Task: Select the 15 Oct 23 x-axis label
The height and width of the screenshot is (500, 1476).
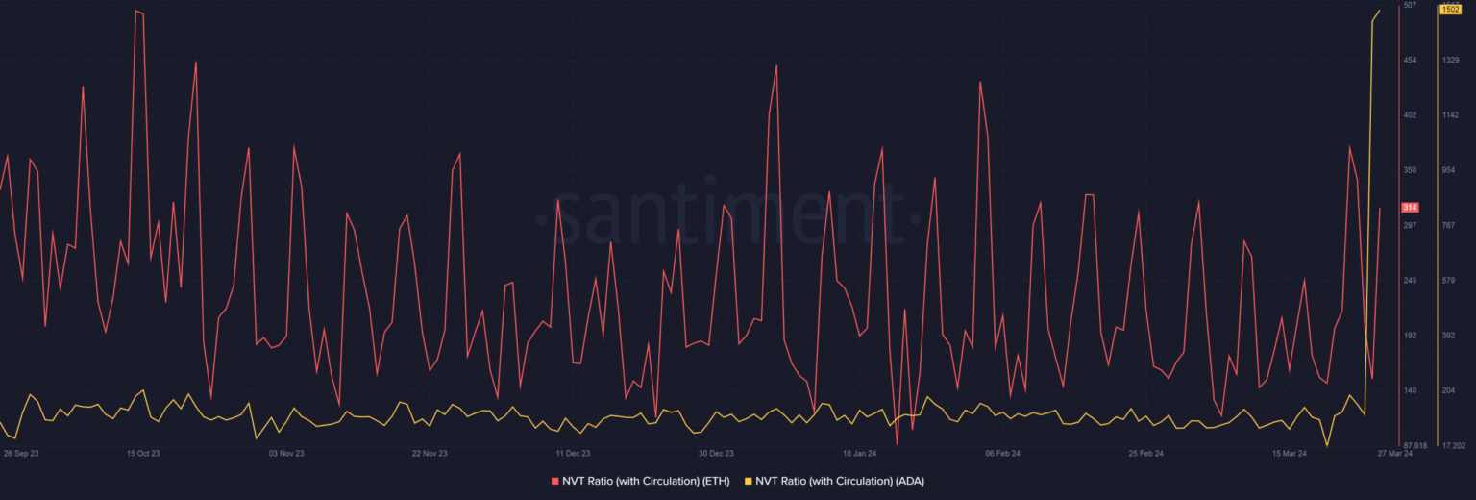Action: (x=143, y=453)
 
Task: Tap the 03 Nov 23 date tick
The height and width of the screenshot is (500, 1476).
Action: (x=286, y=453)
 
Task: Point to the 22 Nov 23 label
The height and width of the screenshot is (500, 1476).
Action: (x=430, y=453)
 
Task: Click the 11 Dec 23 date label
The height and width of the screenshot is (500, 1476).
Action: (x=573, y=453)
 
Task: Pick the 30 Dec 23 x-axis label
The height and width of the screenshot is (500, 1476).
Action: (x=716, y=453)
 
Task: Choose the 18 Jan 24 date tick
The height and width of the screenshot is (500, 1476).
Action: (x=859, y=453)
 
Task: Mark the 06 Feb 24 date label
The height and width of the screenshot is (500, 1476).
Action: (x=1002, y=453)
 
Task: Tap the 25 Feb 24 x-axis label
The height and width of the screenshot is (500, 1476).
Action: (x=1145, y=453)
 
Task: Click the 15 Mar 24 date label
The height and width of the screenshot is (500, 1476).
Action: (x=1289, y=453)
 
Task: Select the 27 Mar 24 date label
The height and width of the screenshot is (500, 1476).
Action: (x=1395, y=453)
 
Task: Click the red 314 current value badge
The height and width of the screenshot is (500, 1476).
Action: (x=1411, y=208)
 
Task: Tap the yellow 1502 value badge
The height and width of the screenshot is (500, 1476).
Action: (x=1450, y=10)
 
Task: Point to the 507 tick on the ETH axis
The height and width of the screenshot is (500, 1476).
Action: (x=1410, y=6)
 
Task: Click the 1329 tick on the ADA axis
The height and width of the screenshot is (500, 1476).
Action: (x=1451, y=61)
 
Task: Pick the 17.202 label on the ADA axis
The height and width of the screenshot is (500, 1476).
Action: (x=1453, y=445)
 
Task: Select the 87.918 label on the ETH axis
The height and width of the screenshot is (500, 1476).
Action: (x=1414, y=445)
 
